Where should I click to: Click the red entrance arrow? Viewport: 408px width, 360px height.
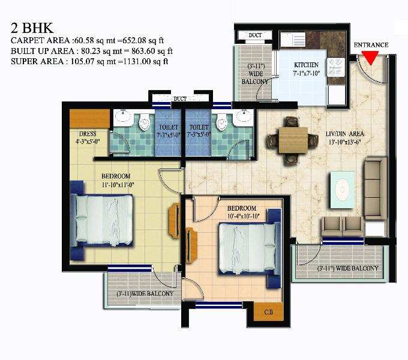point(370,57)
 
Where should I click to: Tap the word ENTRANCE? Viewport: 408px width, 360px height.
point(371,45)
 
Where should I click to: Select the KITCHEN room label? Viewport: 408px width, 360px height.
point(306,65)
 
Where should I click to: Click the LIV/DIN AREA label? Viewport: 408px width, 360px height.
point(345,134)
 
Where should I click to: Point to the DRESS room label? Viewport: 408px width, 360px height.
point(88,134)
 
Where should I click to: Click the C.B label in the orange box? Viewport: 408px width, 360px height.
point(269,312)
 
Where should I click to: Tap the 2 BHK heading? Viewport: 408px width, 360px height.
point(32,28)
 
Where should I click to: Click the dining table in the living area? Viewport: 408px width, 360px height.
point(293,140)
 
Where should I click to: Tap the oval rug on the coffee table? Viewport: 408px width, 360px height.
point(342,190)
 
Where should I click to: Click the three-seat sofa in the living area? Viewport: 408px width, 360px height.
point(376,188)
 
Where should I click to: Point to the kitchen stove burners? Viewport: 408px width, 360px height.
point(335,67)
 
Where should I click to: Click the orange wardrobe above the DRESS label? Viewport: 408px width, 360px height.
point(89,119)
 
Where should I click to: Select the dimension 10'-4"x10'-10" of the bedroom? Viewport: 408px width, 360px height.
point(243,216)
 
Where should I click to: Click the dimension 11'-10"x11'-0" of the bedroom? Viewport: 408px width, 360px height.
point(118,185)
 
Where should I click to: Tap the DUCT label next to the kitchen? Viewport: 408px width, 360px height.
point(255,35)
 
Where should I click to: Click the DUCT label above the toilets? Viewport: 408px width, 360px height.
point(180,99)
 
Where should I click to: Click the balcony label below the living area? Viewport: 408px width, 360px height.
point(347,268)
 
